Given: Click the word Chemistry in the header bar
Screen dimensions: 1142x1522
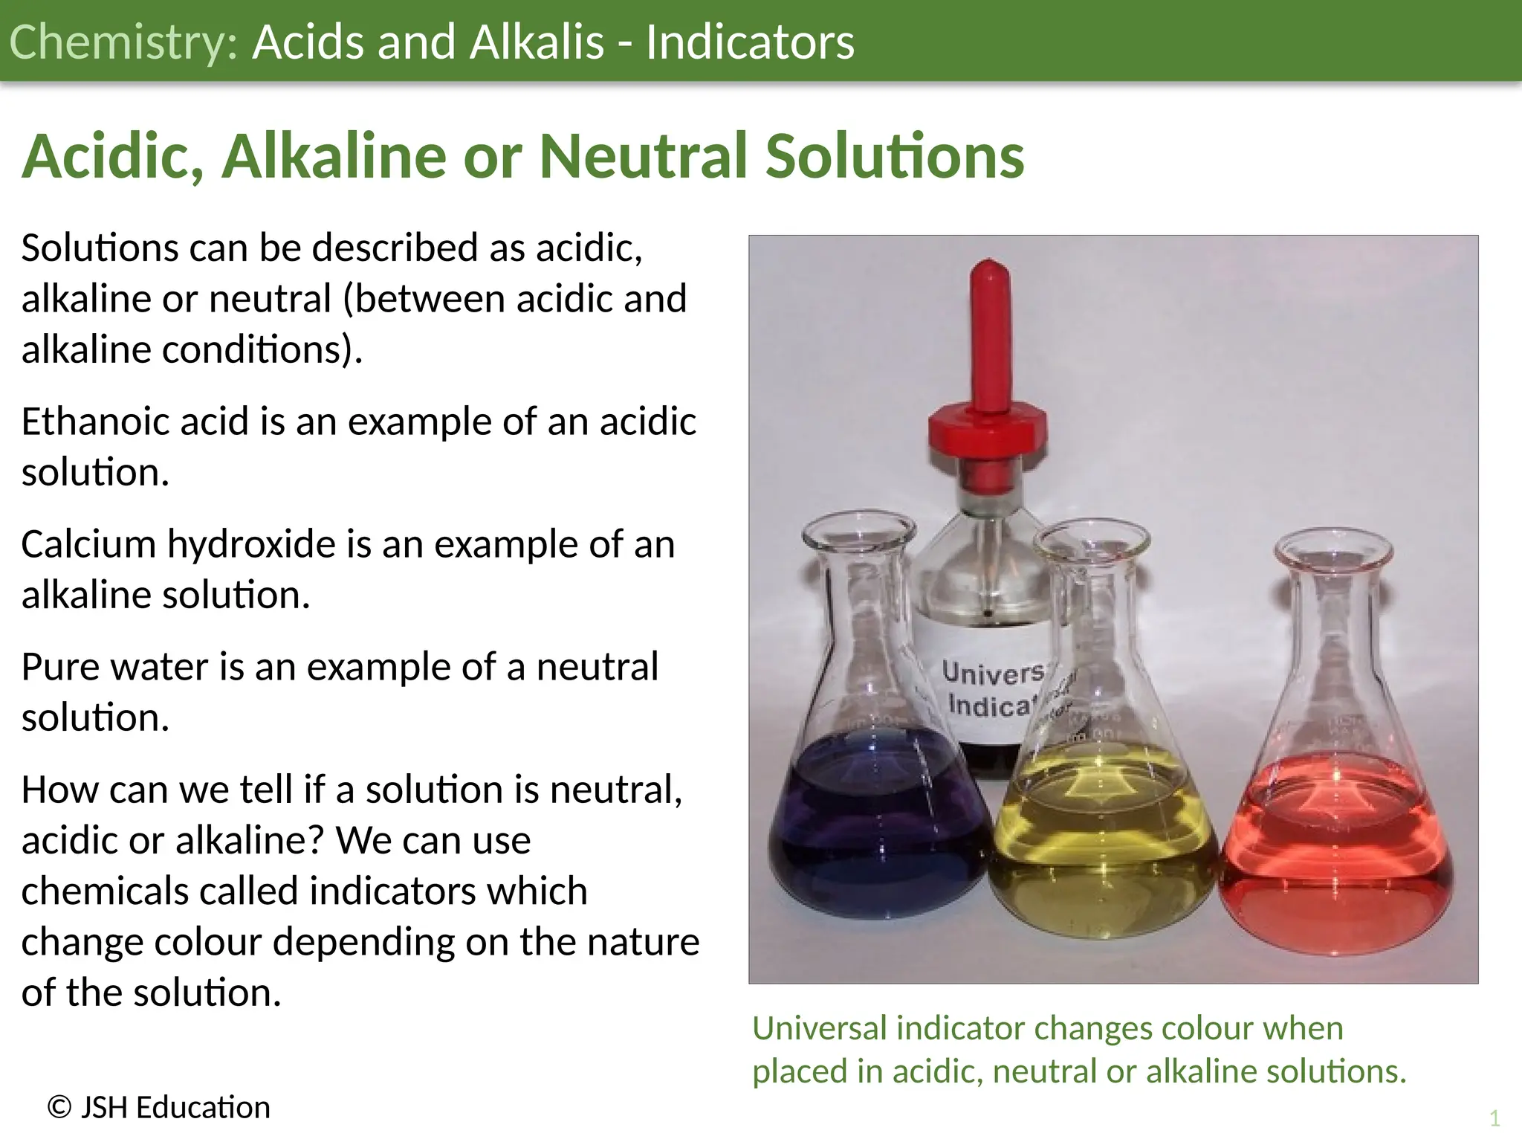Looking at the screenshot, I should coord(123,42).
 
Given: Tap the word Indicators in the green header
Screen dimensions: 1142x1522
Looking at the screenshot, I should coord(750,42).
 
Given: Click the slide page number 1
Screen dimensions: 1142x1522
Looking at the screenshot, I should coord(1495,1118).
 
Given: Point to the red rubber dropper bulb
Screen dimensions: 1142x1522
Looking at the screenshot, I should coord(988,335).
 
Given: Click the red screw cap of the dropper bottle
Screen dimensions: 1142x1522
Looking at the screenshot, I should coord(988,435).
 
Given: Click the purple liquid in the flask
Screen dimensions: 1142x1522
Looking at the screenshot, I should coord(877,833).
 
